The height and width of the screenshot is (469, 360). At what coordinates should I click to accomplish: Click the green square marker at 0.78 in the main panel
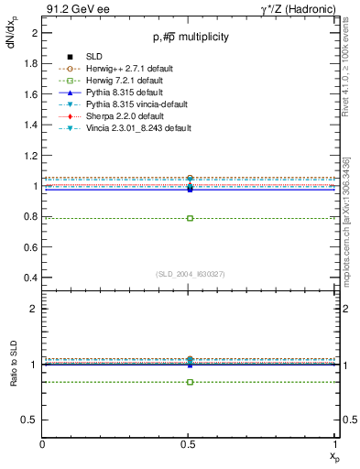(x=190, y=218)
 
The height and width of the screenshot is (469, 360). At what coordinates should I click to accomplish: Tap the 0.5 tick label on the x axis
(x=190, y=443)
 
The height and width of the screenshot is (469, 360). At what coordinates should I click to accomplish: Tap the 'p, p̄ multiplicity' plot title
(x=190, y=38)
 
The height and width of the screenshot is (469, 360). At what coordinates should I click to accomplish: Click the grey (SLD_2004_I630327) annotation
(x=190, y=273)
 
